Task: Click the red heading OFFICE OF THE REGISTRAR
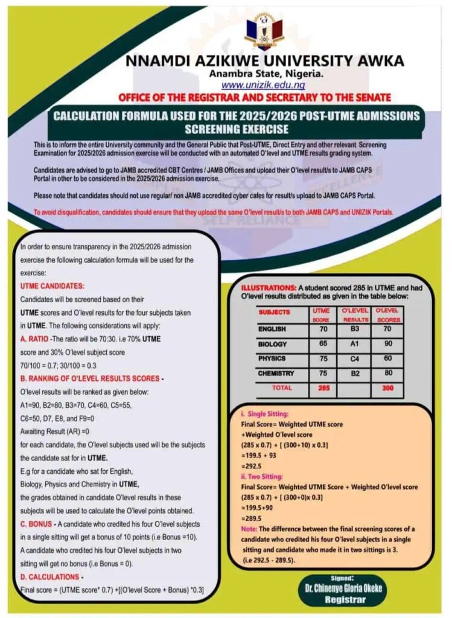(254, 97)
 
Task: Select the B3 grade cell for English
(356, 330)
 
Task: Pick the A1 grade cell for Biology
(356, 345)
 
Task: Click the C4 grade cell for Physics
(356, 359)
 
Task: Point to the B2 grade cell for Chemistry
(356, 374)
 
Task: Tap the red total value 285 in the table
(323, 388)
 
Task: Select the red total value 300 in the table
(388, 388)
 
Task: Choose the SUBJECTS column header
(275, 313)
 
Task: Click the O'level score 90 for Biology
(388, 345)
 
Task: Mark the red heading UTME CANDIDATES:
(53, 285)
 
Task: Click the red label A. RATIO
(34, 339)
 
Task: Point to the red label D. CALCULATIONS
(49, 577)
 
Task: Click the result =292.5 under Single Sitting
(246, 467)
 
